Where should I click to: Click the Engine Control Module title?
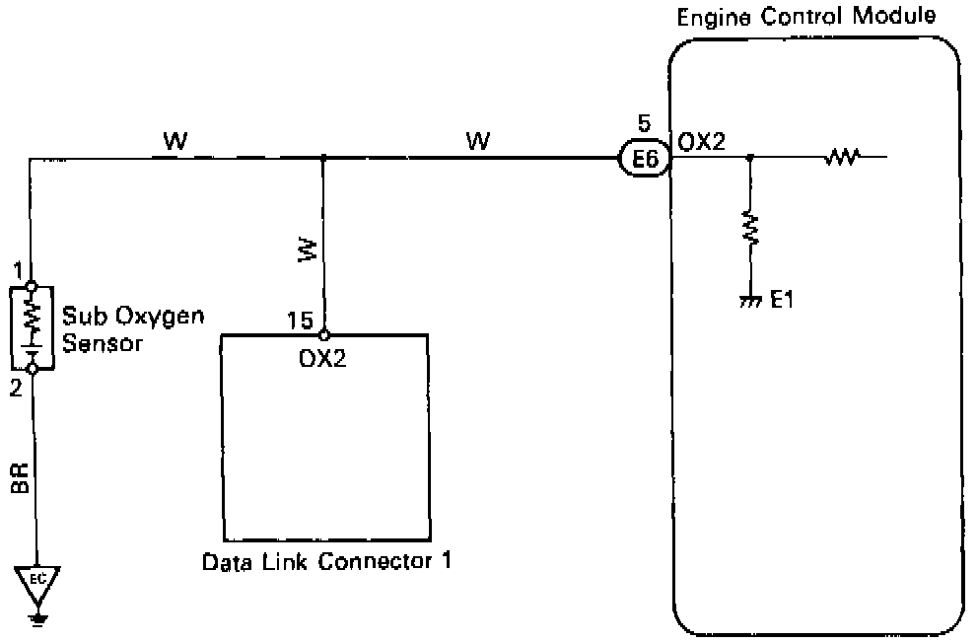805,17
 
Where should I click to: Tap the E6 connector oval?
645,158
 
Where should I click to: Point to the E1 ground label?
782,300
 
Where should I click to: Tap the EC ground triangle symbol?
38,579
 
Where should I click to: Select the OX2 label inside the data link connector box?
321,357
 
